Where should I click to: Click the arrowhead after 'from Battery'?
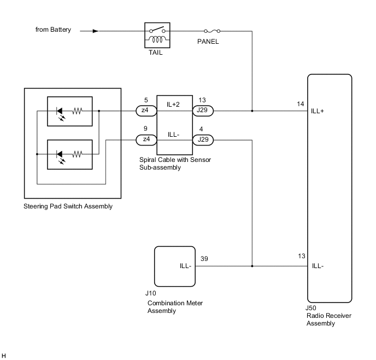[96, 31]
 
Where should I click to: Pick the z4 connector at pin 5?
[146, 111]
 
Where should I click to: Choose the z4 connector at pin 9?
[146, 140]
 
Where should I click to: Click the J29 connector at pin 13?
[203, 111]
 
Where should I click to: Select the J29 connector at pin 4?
[203, 140]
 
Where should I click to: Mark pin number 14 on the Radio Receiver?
[300, 103]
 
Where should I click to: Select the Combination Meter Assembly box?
[174, 266]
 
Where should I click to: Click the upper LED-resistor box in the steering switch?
[69, 111]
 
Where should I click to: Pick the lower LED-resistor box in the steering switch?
[69, 154]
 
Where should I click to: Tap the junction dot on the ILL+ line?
[252, 111]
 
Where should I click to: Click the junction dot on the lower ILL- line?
[252, 266]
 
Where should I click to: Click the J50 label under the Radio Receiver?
[311, 308]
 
